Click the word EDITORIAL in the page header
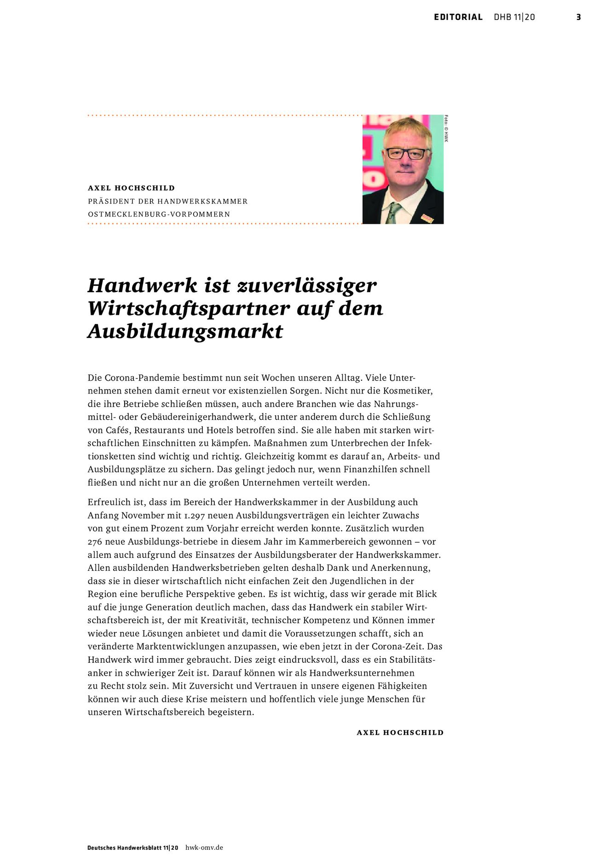[x=458, y=17]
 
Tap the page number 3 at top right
[x=578, y=17]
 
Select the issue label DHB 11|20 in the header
[x=514, y=17]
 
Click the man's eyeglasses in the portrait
[x=406, y=153]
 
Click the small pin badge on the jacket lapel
[x=427, y=218]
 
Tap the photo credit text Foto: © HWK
[x=446, y=128]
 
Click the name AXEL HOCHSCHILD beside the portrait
[x=131, y=188]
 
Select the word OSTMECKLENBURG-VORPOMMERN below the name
[x=159, y=214]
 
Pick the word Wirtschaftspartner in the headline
[x=189, y=308]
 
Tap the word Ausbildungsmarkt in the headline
[x=185, y=331]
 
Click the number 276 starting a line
[x=95, y=542]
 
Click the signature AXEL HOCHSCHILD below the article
[x=400, y=732]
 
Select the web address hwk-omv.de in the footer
[x=204, y=847]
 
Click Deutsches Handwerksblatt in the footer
[x=124, y=847]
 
